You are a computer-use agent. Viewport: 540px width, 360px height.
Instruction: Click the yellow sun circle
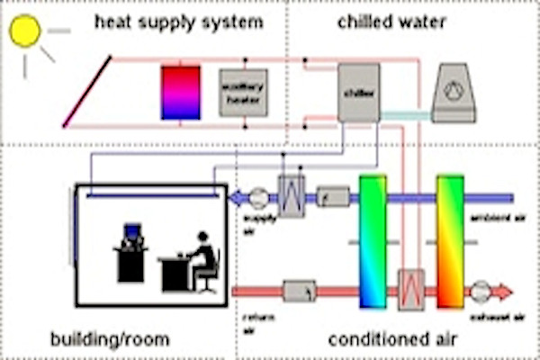[25, 31]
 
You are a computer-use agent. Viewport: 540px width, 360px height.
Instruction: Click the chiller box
[358, 92]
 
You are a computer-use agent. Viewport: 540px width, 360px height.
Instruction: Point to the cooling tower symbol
[455, 92]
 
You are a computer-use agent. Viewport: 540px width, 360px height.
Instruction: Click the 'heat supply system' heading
[179, 21]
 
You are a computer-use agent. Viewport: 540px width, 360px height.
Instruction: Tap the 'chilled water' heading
[391, 21]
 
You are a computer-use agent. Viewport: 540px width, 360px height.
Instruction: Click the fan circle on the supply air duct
[257, 196]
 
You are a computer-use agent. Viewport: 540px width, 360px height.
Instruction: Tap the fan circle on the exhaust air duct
[480, 291]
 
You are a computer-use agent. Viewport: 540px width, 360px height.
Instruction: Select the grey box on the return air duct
[300, 291]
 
